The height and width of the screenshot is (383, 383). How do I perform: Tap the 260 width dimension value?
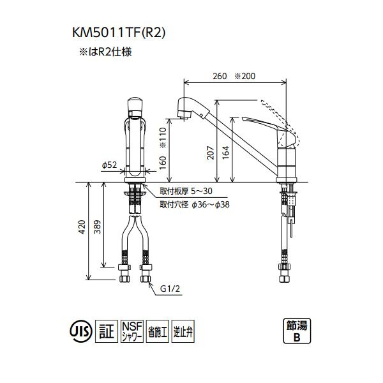[220, 76]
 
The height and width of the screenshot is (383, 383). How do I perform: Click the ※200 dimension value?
[244, 76]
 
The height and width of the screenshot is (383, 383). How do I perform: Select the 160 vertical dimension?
[162, 169]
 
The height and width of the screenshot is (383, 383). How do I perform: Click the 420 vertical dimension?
[81, 229]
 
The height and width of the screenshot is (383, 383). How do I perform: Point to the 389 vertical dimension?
[97, 229]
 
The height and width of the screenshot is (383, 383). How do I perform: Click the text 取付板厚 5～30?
[178, 191]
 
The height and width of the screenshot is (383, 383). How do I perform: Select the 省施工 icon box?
[156, 331]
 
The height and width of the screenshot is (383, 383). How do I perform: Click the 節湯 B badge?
[296, 331]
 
